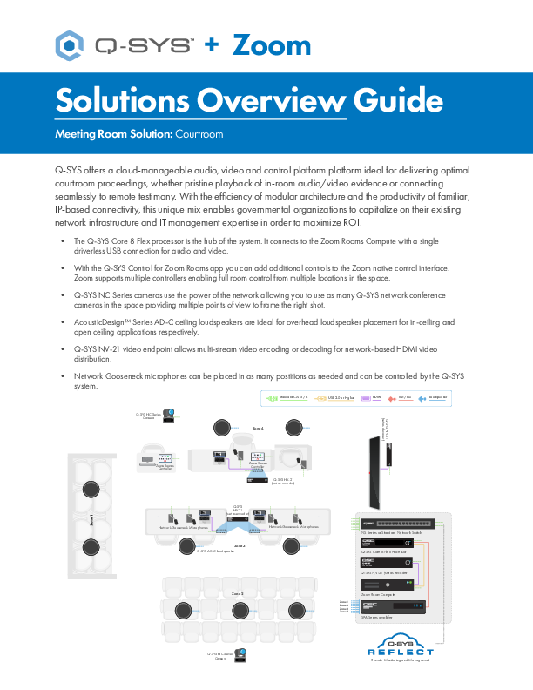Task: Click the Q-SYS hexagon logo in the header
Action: (x=69, y=43)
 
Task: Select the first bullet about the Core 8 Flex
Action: (x=261, y=245)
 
